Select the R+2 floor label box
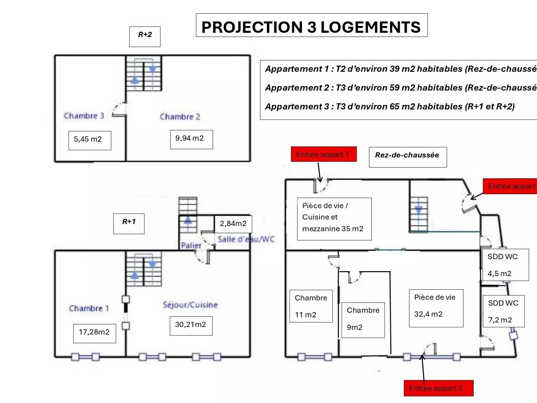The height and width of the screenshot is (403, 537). (x=145, y=36)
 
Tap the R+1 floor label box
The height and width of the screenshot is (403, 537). (x=129, y=223)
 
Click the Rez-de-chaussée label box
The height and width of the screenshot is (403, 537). (x=407, y=157)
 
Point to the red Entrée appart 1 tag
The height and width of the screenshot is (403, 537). (x=323, y=154)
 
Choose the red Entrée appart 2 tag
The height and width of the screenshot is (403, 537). (x=438, y=388)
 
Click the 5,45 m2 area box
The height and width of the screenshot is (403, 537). (x=89, y=140)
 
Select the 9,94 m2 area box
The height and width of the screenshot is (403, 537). (x=191, y=139)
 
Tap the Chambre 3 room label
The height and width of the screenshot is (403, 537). (x=84, y=116)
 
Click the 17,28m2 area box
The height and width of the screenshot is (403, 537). (x=95, y=333)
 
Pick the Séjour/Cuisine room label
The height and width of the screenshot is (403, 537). (x=190, y=305)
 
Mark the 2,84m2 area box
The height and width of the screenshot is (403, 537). (x=233, y=224)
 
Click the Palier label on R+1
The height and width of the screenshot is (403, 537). (x=191, y=245)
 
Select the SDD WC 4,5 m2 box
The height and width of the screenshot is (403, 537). (x=505, y=265)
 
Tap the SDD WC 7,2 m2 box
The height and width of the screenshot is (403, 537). (x=503, y=311)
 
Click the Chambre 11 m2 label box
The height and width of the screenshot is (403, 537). (x=311, y=306)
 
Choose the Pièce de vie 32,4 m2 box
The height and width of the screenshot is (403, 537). (x=436, y=308)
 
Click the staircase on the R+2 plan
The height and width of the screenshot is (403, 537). (x=144, y=74)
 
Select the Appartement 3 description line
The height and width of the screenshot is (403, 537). (x=390, y=107)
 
